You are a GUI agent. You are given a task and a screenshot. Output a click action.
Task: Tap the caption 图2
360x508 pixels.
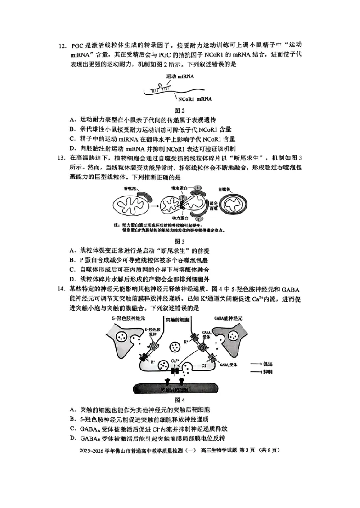(x=180, y=110)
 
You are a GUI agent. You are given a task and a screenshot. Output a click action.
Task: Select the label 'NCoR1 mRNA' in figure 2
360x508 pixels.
(x=195, y=99)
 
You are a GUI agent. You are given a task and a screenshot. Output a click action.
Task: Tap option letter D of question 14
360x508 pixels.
(x=72, y=438)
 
